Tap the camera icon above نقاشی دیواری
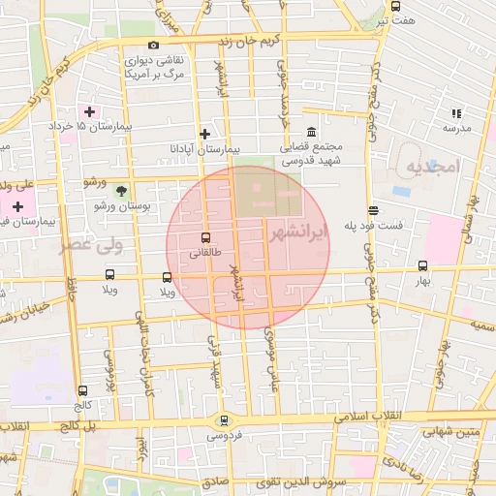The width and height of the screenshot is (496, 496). point(153,45)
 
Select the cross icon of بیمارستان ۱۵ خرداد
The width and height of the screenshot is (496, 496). point(90,112)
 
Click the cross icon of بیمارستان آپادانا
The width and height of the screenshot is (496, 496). point(203,134)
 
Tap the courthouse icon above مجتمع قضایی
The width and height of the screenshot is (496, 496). point(311,132)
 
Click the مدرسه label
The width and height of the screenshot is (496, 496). point(456,128)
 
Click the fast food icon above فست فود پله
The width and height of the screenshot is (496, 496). point(373,210)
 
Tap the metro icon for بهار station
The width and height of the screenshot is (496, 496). point(422,265)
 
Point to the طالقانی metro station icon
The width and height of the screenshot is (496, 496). point(203,237)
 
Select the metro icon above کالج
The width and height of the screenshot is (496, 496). point(82,391)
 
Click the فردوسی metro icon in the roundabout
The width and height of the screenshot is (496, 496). point(225,420)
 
